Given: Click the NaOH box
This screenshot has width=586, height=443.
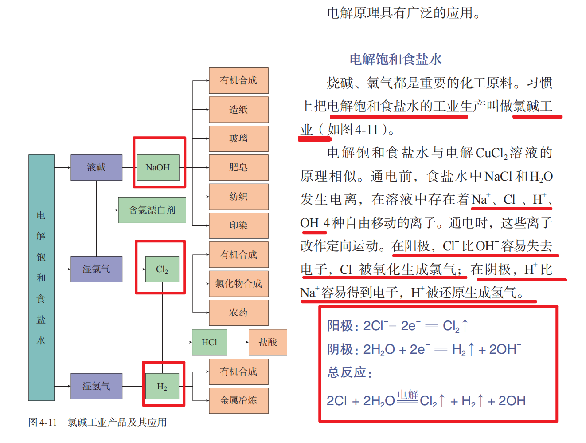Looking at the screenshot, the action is click(x=158, y=167).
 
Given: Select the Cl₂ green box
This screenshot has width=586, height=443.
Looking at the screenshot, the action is click(x=162, y=269).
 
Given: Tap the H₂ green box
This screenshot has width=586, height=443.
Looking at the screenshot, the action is click(x=162, y=386).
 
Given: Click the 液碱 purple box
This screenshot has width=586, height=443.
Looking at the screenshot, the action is click(x=96, y=167).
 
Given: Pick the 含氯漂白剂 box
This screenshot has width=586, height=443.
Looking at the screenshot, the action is click(x=152, y=210).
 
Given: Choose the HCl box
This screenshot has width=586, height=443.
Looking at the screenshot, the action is click(x=210, y=342).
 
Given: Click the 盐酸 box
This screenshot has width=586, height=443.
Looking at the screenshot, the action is click(x=268, y=342).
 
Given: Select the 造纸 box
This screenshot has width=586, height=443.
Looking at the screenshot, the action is click(x=238, y=109).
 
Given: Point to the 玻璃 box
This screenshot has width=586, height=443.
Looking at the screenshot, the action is click(x=238, y=138).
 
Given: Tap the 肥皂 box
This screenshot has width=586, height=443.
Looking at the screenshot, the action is click(x=238, y=167).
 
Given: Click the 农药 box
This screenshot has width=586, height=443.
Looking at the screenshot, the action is click(x=238, y=312).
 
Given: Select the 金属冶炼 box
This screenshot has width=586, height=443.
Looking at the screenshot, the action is click(x=238, y=400).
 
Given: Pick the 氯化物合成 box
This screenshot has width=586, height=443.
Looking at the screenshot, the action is click(x=238, y=283).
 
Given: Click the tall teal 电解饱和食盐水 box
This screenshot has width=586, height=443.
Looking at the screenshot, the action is click(x=41, y=277).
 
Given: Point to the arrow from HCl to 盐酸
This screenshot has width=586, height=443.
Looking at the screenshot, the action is click(x=238, y=342).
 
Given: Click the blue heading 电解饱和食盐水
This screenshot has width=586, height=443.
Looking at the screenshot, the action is click(x=396, y=59).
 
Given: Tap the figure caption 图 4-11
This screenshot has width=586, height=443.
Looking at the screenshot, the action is click(x=43, y=422).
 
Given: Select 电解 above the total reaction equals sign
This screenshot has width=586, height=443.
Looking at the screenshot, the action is click(x=408, y=394).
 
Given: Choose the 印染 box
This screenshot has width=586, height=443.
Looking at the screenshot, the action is click(x=238, y=225).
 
